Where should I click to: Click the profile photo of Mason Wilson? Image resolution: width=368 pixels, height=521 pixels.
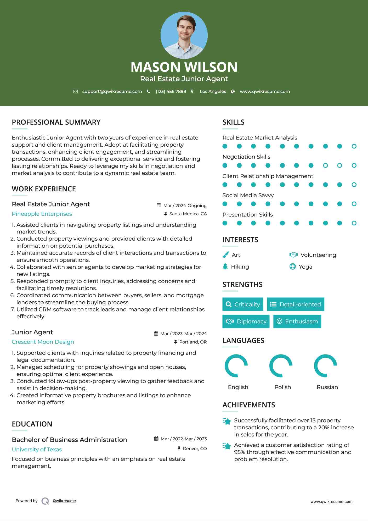[184, 35]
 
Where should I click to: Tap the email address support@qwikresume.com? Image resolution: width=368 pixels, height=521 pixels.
[112, 91]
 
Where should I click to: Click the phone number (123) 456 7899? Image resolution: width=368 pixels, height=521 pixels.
[171, 91]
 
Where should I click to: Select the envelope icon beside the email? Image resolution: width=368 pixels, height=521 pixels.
[76, 91]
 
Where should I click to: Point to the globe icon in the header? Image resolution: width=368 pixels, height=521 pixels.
[233, 91]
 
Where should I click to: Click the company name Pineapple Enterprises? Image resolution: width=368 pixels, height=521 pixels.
[42, 214]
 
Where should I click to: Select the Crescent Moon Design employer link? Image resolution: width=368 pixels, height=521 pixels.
[43, 342]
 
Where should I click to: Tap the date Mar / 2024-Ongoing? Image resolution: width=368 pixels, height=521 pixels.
[185, 206]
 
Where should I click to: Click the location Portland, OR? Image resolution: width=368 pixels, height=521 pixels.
[193, 342]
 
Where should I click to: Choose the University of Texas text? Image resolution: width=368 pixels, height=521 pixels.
[37, 450]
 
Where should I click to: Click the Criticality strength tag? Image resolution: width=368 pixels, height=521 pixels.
[243, 304]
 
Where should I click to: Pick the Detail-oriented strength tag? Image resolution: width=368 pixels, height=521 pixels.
[296, 304]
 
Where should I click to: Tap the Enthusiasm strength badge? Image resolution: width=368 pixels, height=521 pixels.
[297, 321]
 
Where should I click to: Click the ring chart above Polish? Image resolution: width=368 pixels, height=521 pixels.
[281, 366]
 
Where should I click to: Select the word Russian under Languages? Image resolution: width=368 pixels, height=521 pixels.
[327, 387]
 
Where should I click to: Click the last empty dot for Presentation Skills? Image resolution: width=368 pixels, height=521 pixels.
[354, 223]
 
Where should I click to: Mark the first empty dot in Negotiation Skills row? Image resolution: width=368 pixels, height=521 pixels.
[325, 165]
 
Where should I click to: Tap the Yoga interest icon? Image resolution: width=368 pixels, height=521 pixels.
[293, 267]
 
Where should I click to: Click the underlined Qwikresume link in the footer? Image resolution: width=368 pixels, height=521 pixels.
[64, 501]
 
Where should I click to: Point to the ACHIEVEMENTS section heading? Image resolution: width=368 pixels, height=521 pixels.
[249, 405]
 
